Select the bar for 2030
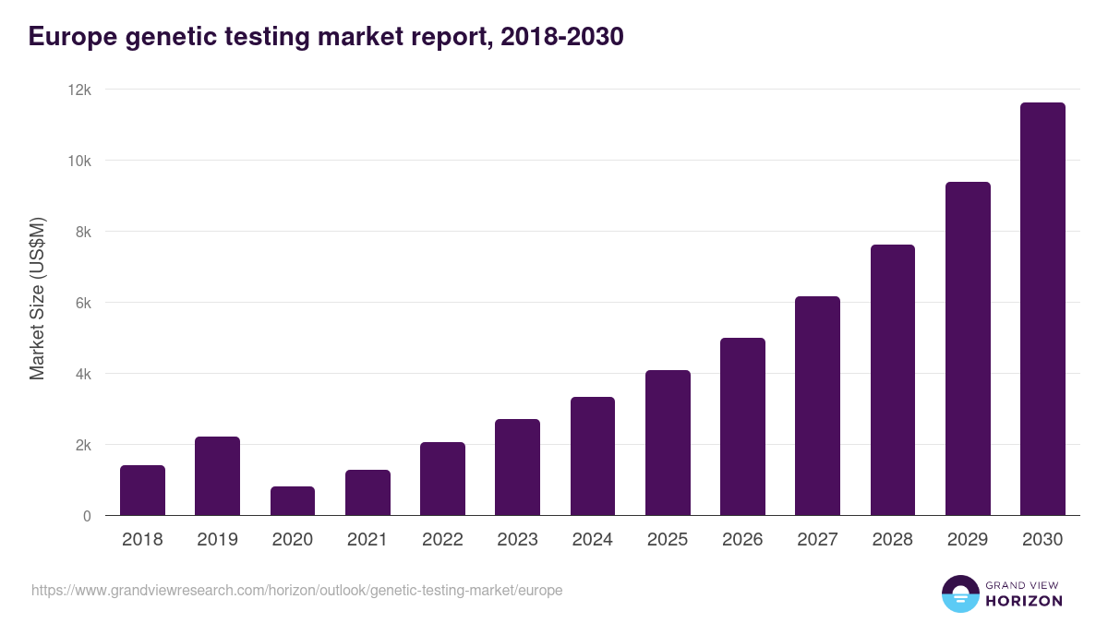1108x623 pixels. coord(1042,309)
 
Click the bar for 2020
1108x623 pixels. coord(293,501)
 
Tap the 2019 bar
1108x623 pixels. coord(217,476)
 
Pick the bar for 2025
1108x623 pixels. coord(668,443)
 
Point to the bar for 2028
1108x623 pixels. coord(893,380)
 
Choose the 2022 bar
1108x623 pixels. coord(442,479)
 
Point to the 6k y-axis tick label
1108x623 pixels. coord(83,303)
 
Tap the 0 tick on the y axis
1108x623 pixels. coord(87,516)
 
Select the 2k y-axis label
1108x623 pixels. coord(83,445)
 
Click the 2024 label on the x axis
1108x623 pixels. coord(592,540)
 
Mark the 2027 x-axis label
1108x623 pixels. coord(817,540)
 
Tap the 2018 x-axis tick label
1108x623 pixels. coord(142,540)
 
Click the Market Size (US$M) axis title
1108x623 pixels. coord(37,298)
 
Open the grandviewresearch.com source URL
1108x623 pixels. coord(296,590)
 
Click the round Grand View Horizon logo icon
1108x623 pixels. coord(960,593)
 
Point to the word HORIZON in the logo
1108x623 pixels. coord(1024,601)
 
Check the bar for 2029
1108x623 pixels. coord(968,349)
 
